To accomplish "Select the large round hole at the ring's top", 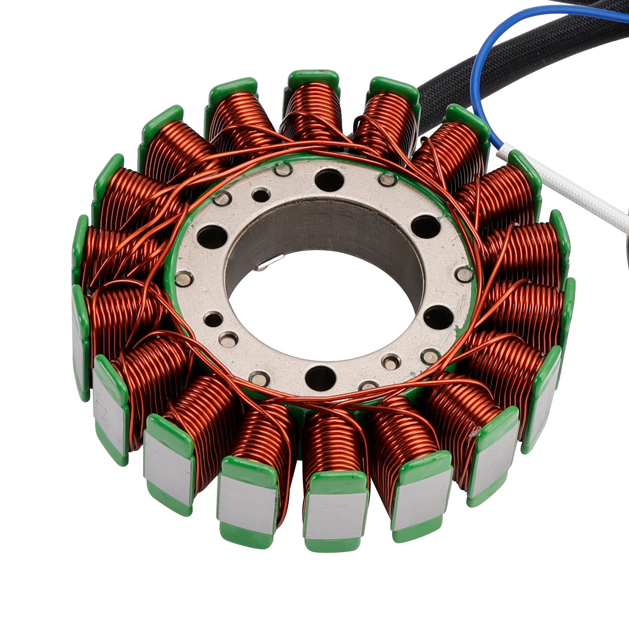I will tap(329, 180).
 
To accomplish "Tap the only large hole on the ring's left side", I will tap(212, 237).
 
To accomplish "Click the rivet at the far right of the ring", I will tap(465, 274).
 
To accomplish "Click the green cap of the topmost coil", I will tap(313, 78).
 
